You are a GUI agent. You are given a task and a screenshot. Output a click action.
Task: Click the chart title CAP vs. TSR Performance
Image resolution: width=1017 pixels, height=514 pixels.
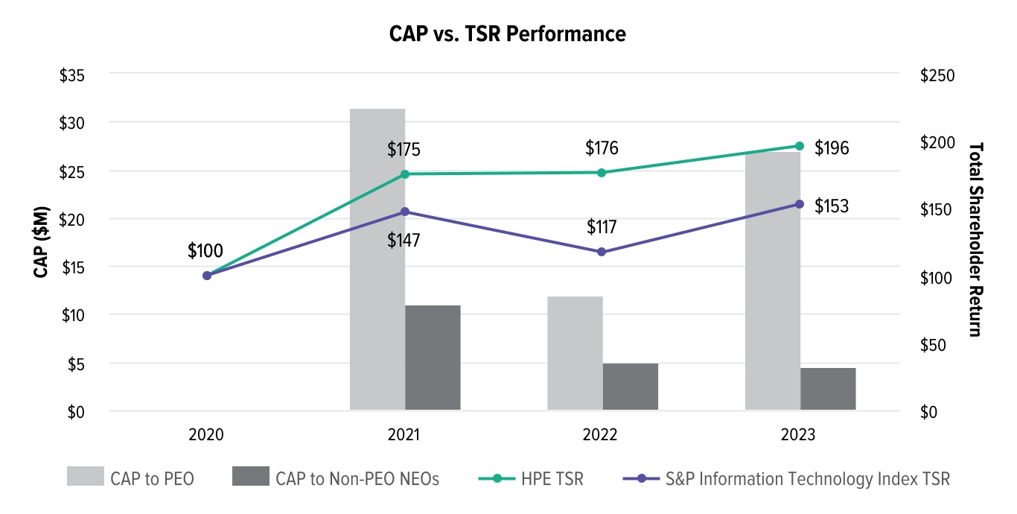tap(507, 34)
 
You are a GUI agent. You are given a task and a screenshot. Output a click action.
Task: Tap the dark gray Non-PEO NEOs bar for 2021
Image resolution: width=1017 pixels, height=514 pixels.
tap(433, 358)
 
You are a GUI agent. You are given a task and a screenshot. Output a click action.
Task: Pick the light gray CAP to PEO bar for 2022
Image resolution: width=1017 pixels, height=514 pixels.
tap(575, 353)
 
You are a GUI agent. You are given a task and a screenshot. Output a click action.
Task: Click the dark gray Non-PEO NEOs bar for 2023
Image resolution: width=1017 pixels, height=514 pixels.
tap(828, 388)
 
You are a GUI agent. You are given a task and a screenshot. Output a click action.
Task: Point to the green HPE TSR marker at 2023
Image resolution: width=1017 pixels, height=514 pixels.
tap(800, 146)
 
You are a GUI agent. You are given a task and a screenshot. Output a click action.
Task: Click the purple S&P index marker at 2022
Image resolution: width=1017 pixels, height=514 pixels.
tap(602, 252)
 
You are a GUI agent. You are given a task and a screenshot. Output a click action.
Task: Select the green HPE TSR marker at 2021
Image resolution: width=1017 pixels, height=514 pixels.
tap(405, 174)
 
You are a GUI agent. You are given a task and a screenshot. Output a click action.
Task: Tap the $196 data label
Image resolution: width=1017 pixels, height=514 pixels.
tap(832, 148)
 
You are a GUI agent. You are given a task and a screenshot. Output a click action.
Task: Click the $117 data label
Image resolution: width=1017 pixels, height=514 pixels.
tap(602, 226)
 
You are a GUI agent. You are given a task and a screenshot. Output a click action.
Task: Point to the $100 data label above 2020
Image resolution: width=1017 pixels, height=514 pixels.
tap(205, 250)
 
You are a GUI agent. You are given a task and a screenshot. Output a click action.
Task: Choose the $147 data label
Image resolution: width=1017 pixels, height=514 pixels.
tap(404, 240)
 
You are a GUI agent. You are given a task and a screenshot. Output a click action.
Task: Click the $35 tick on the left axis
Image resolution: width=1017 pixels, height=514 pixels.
tap(72, 76)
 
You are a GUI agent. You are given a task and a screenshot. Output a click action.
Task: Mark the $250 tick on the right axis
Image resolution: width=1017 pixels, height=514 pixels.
tap(937, 76)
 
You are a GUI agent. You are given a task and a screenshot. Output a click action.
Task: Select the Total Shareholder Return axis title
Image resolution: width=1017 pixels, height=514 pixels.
tap(976, 240)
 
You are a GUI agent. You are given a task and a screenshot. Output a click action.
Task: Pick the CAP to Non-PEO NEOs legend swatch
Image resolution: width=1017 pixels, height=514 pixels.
tap(250, 477)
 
